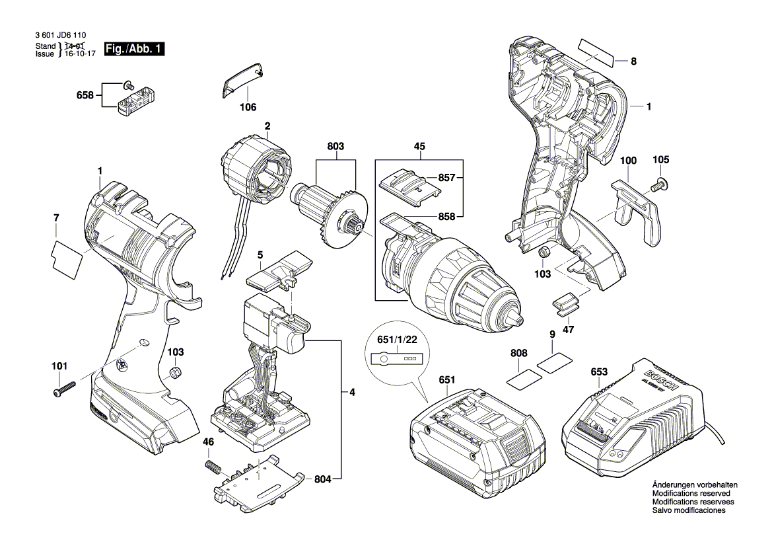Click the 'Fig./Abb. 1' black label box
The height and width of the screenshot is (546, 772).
(138, 49)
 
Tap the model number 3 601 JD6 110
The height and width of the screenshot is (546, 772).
(60, 37)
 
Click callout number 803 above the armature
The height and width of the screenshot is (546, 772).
(335, 146)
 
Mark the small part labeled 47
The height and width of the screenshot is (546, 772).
(565, 302)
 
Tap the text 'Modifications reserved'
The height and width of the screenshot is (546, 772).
(691, 493)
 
